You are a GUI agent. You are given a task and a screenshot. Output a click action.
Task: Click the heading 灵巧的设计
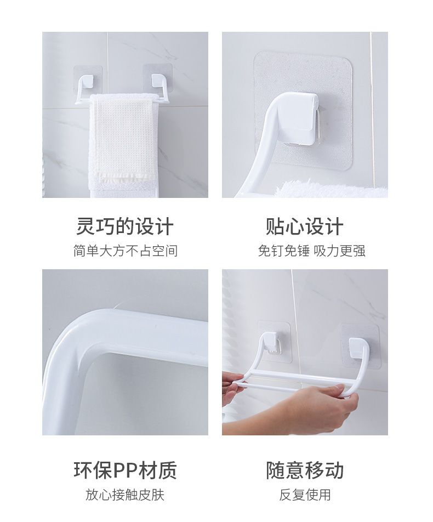click(x=125, y=226)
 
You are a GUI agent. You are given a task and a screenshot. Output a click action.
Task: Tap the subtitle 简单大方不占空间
click(x=125, y=251)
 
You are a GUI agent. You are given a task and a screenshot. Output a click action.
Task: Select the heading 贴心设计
click(x=304, y=226)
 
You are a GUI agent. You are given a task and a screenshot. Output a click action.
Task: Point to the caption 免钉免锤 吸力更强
click(x=311, y=251)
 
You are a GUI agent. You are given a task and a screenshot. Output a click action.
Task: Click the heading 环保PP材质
click(x=125, y=470)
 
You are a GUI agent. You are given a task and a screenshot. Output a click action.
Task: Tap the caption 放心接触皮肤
click(x=125, y=495)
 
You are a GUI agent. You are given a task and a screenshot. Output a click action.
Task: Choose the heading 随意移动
click(x=305, y=470)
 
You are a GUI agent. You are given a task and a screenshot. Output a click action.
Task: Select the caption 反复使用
click(x=305, y=495)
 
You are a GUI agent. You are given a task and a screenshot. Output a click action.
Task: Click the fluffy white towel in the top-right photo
click(x=333, y=189)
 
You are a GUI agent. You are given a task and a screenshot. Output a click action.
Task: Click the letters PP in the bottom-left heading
click(x=127, y=470)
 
